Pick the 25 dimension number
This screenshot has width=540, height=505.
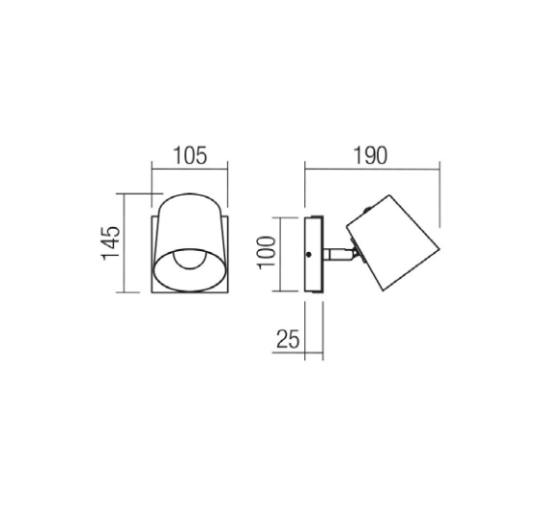pos(287,339)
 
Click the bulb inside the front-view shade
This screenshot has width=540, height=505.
pos(190,261)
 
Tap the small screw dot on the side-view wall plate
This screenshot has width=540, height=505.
pos(308,254)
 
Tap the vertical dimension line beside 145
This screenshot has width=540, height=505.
pos(125,241)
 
